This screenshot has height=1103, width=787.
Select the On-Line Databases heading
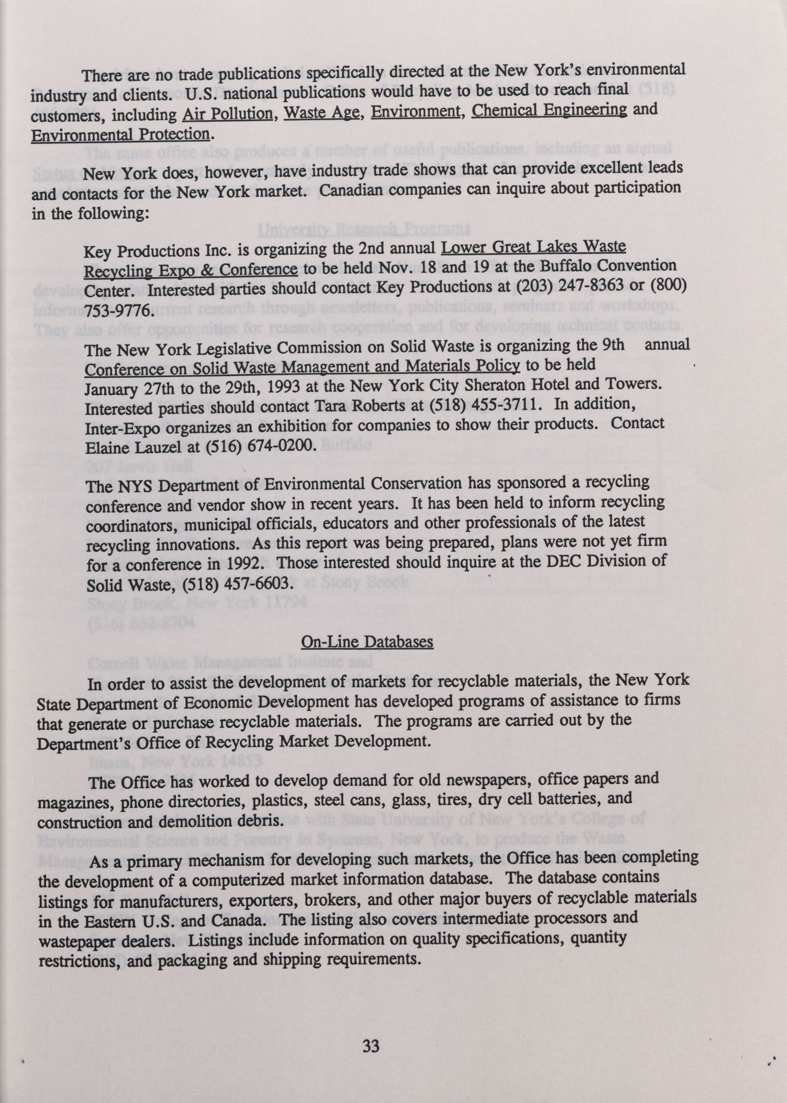(367, 642)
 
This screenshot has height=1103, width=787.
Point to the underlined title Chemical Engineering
(549, 109)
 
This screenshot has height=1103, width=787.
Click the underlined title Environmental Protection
(120, 134)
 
